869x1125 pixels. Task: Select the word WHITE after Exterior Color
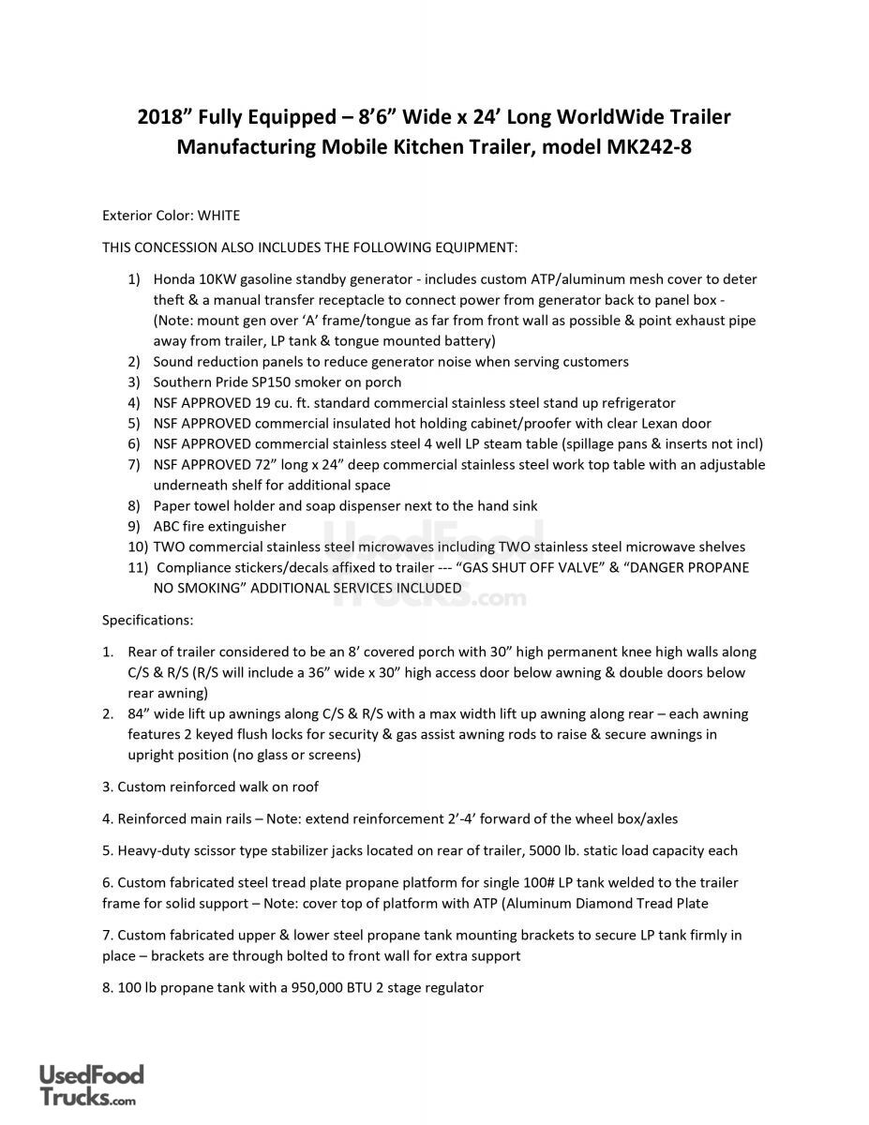pyautogui.click(x=218, y=216)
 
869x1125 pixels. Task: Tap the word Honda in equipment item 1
pyautogui.click(x=172, y=279)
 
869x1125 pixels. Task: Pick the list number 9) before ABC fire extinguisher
pyautogui.click(x=134, y=526)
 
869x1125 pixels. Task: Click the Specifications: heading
pyautogui.click(x=147, y=621)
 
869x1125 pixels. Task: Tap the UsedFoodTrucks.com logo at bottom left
pyautogui.click(x=91, y=1087)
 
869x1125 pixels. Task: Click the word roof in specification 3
pyautogui.click(x=305, y=787)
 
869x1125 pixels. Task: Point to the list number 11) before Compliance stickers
pyautogui.click(x=137, y=567)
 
